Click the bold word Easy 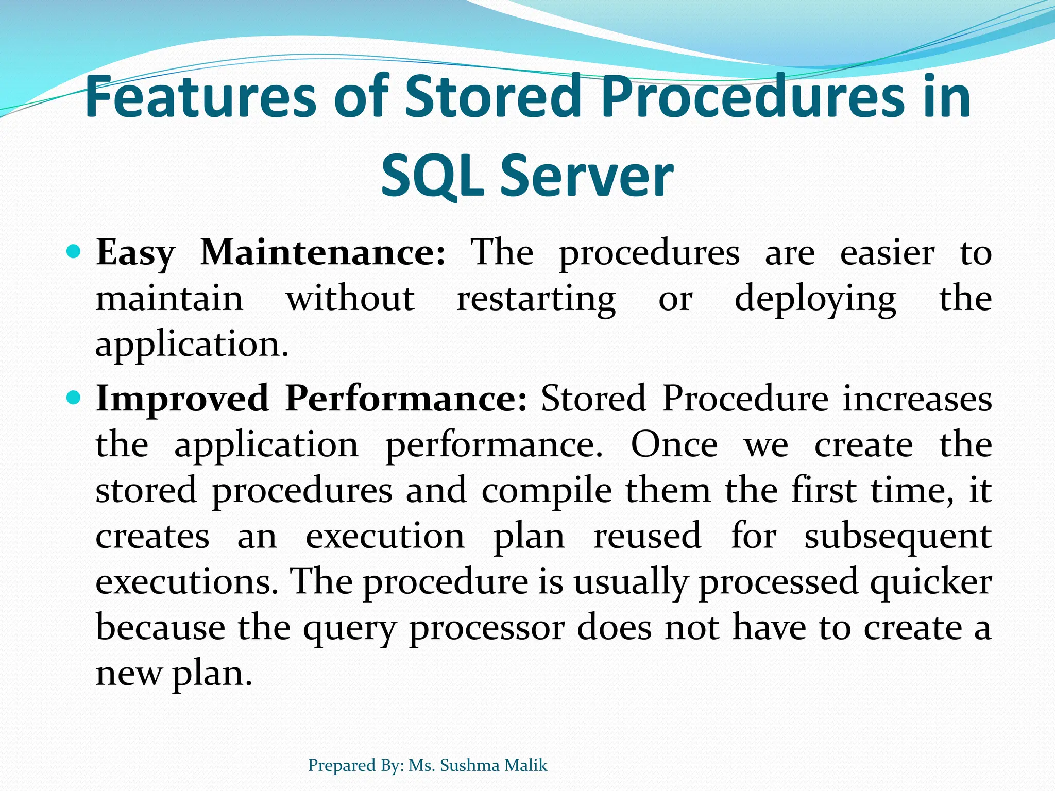click(x=135, y=253)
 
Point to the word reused click(x=647, y=536)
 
